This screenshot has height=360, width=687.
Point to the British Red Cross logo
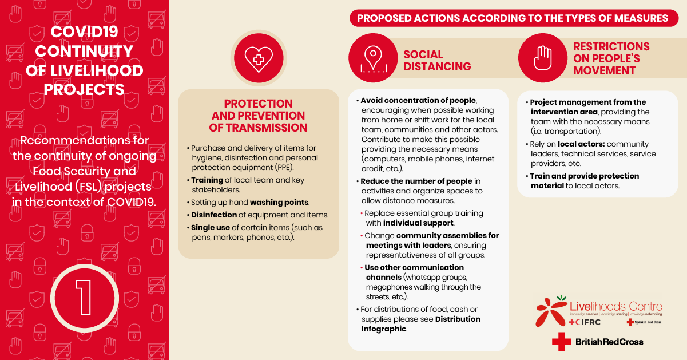597,342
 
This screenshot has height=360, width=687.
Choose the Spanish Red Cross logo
644,322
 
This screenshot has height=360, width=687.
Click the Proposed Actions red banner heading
512,18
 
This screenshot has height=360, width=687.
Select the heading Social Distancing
437,60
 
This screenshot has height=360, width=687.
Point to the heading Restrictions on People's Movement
611,58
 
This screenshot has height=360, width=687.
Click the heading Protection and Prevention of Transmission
258,116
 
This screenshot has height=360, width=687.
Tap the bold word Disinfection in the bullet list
214,215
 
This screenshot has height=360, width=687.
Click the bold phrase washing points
279,202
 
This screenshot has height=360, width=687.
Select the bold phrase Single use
210,227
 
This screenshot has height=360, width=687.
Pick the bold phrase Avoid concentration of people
418,100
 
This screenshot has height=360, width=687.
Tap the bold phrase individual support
418,223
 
